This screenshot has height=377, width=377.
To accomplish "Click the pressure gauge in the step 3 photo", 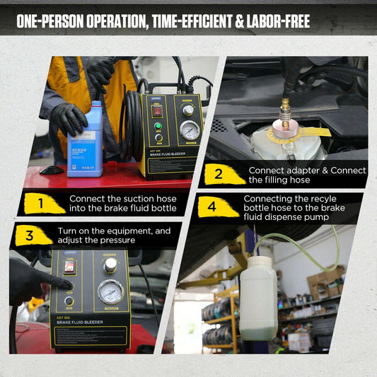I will click(x=110, y=293).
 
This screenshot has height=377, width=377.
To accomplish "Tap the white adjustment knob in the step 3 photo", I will click(x=110, y=265).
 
